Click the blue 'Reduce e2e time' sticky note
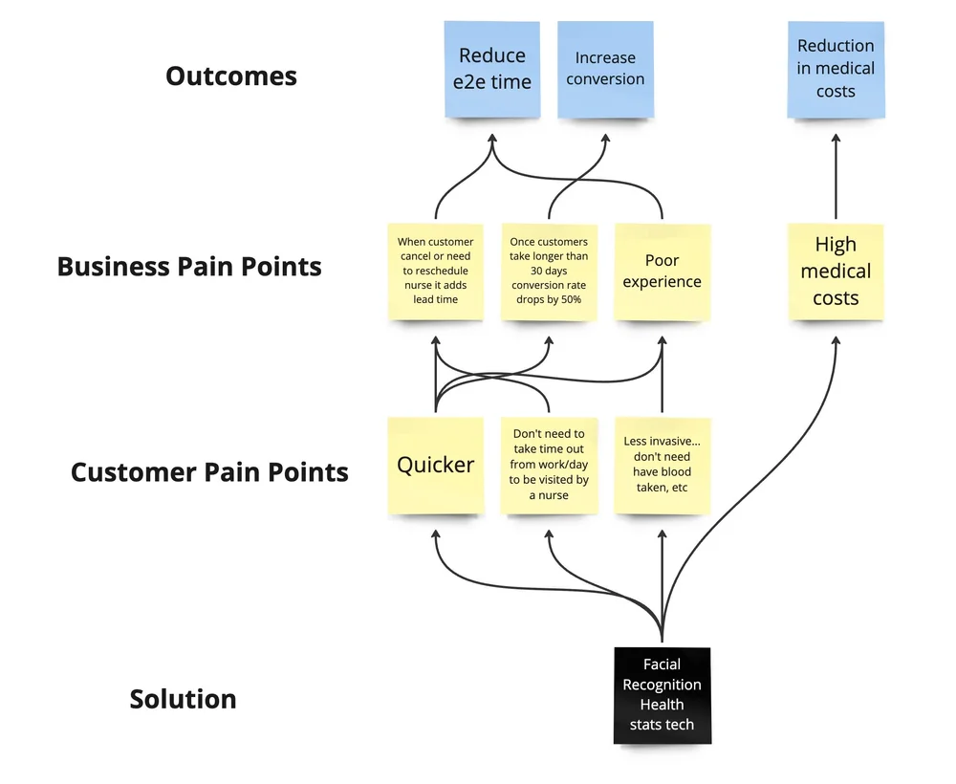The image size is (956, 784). (x=492, y=69)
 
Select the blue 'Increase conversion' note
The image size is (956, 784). (x=605, y=69)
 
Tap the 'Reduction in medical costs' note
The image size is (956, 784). (x=836, y=69)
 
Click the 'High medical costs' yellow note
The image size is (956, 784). (x=836, y=272)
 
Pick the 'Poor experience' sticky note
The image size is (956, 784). (x=662, y=272)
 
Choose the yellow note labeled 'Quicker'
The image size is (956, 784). (x=436, y=466)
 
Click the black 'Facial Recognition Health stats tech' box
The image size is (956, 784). (x=662, y=695)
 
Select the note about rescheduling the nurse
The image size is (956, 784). (x=436, y=272)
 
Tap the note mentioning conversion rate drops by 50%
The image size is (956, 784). (x=549, y=272)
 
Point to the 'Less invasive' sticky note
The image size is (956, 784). (x=662, y=466)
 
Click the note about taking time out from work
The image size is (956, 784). (x=549, y=466)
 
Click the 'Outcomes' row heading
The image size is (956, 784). (x=231, y=76)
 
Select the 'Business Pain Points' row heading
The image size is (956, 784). (x=189, y=266)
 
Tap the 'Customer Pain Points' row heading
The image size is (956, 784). (x=209, y=471)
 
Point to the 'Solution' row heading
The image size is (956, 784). (x=183, y=699)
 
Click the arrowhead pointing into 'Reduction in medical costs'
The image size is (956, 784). (x=836, y=141)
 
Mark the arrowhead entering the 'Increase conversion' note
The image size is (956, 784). (x=605, y=141)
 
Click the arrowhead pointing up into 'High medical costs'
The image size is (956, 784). (x=836, y=341)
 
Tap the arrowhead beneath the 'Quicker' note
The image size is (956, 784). (x=436, y=536)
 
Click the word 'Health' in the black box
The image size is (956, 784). (x=662, y=705)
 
